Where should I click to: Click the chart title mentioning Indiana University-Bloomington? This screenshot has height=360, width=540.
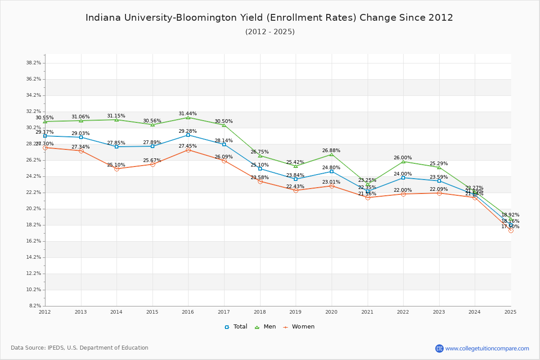(269, 18)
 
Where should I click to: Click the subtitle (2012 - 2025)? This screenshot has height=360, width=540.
(270, 32)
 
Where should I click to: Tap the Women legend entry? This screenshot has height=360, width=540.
(299, 327)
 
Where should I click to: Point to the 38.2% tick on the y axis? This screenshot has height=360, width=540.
(34, 63)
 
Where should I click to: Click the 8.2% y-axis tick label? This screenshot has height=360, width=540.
(35, 306)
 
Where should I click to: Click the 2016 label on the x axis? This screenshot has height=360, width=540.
(188, 311)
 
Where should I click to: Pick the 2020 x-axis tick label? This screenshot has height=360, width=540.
(331, 311)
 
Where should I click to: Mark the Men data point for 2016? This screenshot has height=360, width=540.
(188, 117)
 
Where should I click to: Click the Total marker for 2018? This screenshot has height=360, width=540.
(260, 169)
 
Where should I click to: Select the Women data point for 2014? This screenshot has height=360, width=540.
(117, 169)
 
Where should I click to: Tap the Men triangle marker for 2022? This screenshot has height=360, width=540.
(403, 162)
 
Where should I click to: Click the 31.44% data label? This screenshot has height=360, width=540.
(188, 114)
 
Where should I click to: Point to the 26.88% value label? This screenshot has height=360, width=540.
(331, 151)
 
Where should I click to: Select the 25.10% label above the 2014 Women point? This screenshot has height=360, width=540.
(116, 165)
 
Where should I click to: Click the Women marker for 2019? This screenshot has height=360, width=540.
(296, 190)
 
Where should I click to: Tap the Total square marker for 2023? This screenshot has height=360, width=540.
(439, 181)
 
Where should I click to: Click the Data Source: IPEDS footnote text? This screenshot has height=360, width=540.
(80, 348)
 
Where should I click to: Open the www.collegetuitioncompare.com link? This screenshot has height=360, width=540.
(487, 348)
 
